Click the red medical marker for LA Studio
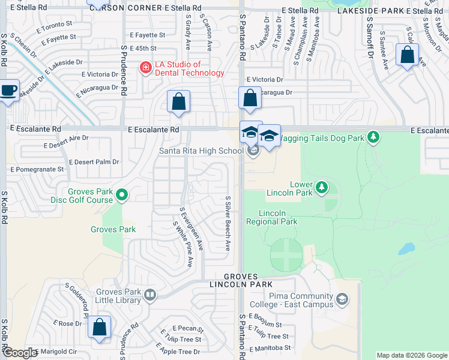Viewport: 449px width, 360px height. [145, 67]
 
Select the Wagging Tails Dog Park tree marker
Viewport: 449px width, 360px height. [373, 137]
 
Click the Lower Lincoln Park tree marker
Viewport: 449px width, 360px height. [322, 187]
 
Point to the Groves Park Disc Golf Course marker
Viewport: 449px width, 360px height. [122, 194]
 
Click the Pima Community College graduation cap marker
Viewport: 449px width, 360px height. [342, 299]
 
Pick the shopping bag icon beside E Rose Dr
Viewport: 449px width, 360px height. [100, 328]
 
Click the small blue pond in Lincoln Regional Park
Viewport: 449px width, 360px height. [406, 248]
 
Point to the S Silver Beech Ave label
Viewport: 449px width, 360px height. [228, 223]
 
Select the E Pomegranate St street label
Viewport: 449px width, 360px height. [37, 169]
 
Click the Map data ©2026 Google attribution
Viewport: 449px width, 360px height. [412, 355]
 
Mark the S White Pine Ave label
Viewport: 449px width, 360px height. [184, 245]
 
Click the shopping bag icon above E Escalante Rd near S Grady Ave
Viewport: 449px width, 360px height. [178, 101]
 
